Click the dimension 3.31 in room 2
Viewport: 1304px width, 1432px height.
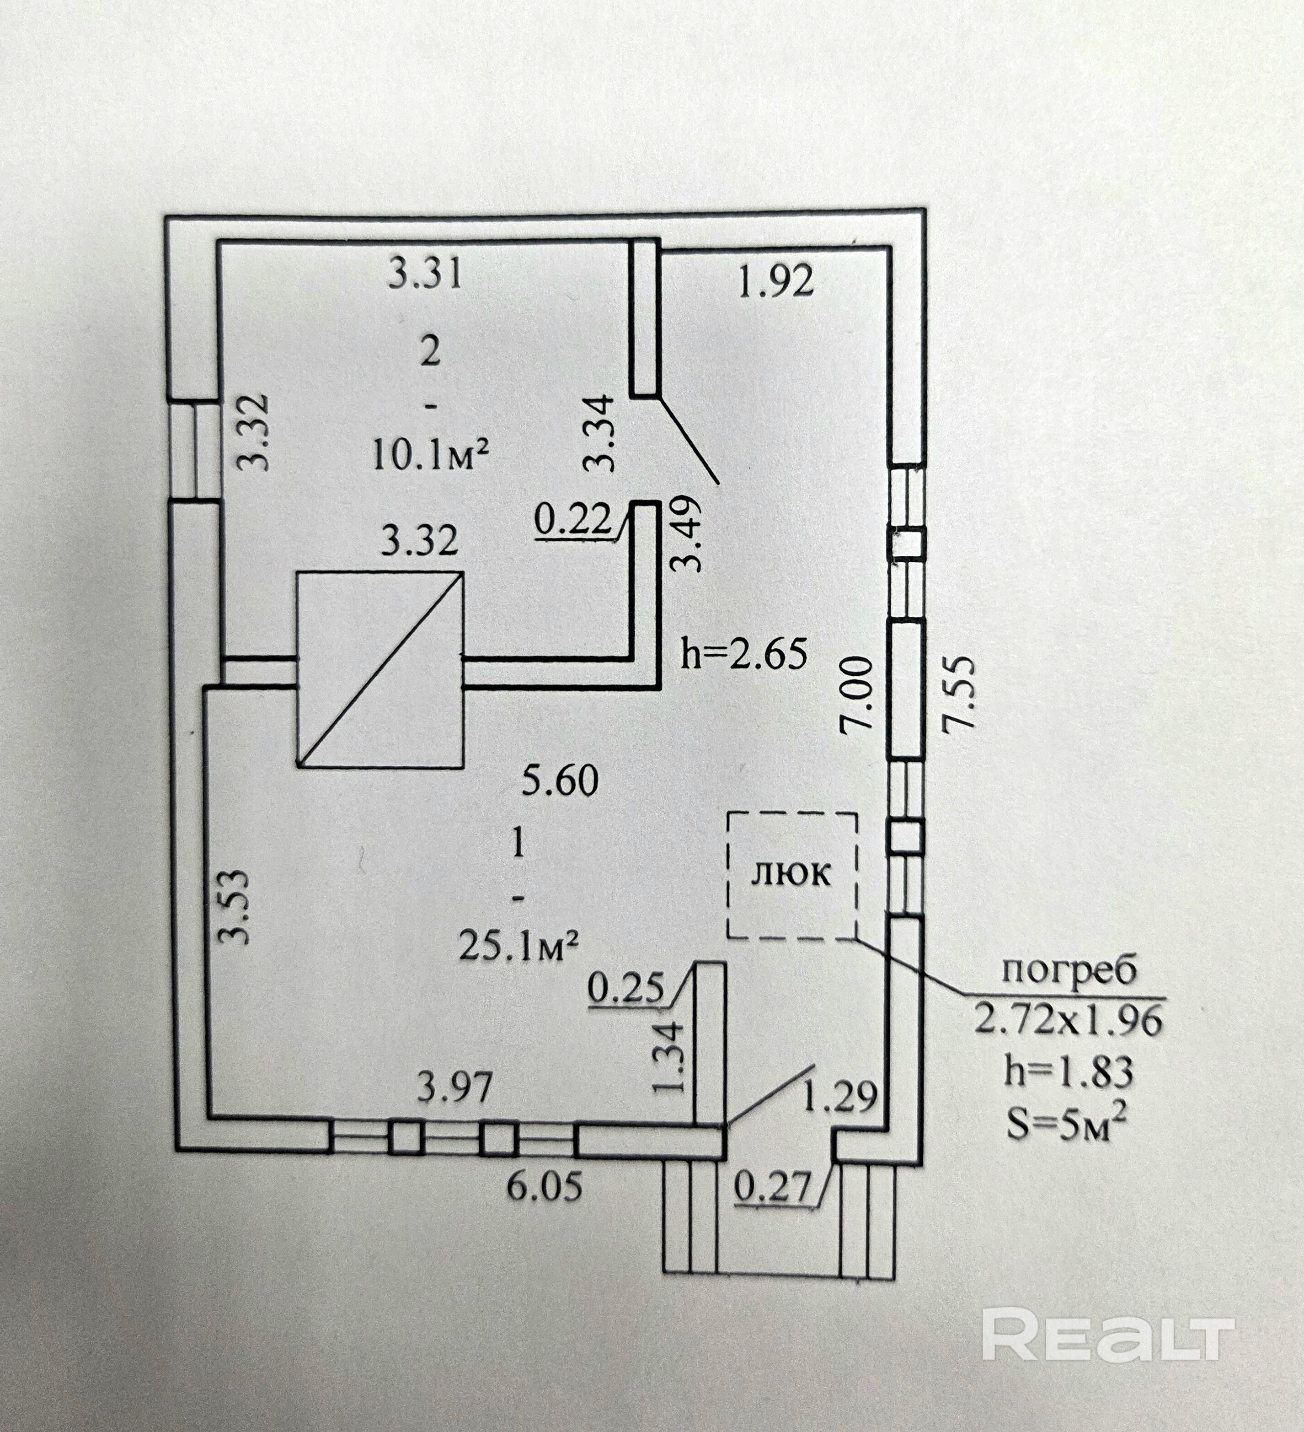pos(426,274)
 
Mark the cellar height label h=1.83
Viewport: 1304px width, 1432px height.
pos(1069,1072)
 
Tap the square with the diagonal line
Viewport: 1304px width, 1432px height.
pos(380,670)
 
